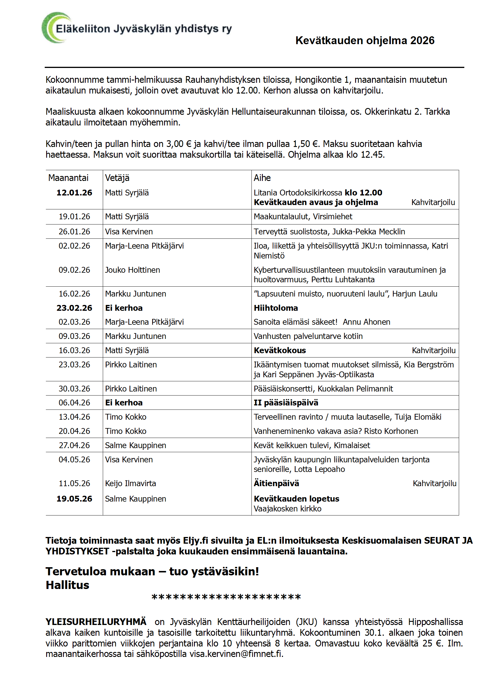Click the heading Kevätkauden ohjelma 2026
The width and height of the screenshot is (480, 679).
[x=365, y=41]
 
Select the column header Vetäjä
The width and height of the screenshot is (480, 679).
[x=117, y=178]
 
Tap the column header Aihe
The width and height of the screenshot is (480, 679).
[x=262, y=178]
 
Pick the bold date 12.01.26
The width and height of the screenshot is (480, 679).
[x=74, y=193]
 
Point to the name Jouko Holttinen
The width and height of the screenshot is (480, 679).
[x=132, y=270]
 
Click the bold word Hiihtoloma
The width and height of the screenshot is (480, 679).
[x=276, y=308]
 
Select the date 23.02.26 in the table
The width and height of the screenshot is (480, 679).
[x=74, y=308]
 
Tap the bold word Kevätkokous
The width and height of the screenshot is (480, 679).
[x=280, y=350]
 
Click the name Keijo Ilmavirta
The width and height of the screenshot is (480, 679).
[x=130, y=483]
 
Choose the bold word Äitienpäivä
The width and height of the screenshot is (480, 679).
[x=276, y=483]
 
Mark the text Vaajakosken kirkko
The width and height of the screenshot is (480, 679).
[x=287, y=509]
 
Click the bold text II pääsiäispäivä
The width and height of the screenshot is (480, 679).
[x=286, y=403]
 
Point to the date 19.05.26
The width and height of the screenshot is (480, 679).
[x=74, y=499]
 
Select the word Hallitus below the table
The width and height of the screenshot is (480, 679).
[x=67, y=585]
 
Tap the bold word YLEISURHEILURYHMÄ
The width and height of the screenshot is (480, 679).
[x=96, y=621]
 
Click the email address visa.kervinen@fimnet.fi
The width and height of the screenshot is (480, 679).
[x=236, y=653]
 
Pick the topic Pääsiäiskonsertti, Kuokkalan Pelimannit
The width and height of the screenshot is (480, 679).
[x=323, y=389]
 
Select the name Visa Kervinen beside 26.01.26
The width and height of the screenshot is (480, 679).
[x=129, y=231]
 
